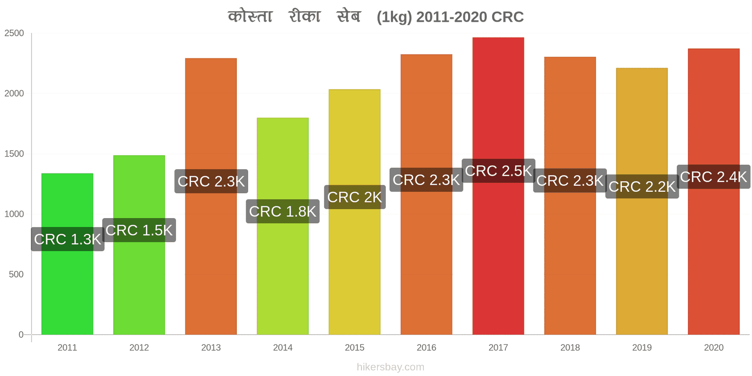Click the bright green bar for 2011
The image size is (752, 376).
point(67,254)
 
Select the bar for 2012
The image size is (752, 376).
point(139,245)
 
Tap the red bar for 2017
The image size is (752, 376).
point(498,186)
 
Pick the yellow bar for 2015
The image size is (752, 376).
point(354,212)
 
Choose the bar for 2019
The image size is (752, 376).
point(642,201)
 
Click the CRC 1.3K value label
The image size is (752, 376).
point(68,239)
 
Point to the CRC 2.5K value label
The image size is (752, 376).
point(499,171)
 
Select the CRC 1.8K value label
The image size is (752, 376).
point(282,211)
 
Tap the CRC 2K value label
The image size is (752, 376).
point(355,197)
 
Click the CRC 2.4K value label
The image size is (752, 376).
point(714,177)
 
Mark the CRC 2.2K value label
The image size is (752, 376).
point(642,186)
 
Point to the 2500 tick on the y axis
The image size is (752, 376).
point(14,33)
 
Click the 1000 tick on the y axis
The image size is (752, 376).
point(14,214)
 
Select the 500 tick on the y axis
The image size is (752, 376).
point(16,274)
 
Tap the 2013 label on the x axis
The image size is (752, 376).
point(211,347)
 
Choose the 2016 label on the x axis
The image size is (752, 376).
point(426,347)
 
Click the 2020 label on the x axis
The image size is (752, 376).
point(714,347)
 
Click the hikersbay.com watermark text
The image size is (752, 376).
point(391,367)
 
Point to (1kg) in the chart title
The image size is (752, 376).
point(394,17)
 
